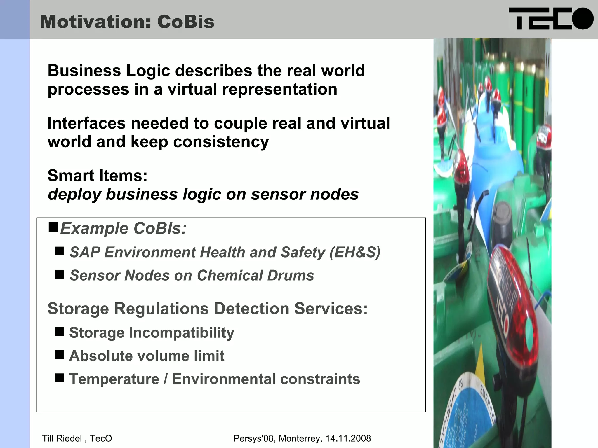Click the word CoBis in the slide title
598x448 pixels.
186,22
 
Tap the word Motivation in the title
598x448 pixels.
95,22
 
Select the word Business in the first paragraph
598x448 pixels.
84,71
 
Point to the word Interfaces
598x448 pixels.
86,123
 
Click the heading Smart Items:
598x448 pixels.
98,176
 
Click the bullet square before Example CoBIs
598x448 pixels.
53,226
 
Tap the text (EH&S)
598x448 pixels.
355,252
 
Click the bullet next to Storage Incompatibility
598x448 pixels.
60,332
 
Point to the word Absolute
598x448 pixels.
100,356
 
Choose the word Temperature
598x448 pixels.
114,379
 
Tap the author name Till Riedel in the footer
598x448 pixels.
62,438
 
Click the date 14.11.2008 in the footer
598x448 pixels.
348,438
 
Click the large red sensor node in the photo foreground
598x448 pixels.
514,306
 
